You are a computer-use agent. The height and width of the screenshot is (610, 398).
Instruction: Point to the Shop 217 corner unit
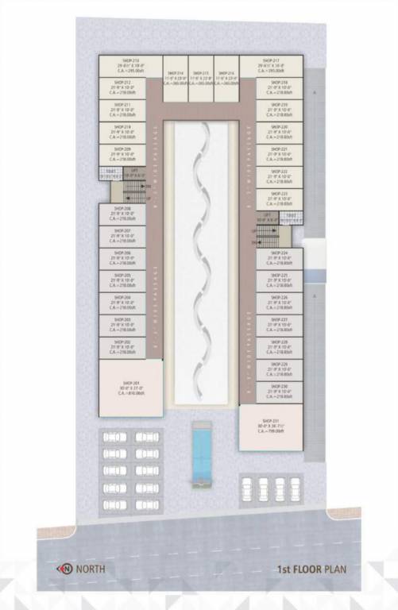271,66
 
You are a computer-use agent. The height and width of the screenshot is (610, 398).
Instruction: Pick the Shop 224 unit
279,257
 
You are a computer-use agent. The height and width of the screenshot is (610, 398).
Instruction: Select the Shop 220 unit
279,130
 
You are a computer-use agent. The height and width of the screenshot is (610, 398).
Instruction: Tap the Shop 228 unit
279,346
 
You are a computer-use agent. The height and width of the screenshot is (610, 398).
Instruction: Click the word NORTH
91,569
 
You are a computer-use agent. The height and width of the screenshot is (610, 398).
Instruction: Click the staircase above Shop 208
132,191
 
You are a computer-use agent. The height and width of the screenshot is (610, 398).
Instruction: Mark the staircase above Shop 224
269,234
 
